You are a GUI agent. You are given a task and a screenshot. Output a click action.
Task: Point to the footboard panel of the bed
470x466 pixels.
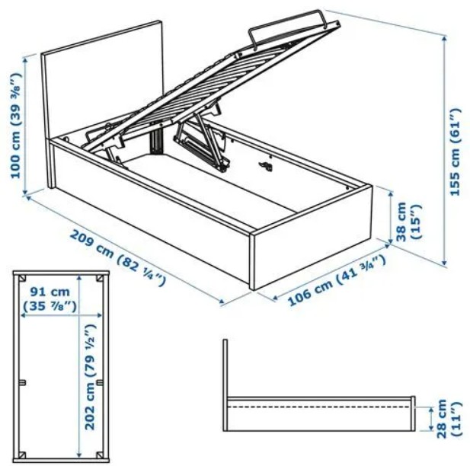[312, 238]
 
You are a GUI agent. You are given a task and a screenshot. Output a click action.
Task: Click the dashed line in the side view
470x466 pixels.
[318, 407]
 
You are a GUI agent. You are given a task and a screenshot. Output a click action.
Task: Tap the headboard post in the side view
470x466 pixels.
[225, 385]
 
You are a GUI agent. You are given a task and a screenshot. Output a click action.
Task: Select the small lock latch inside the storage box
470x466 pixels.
[266, 166]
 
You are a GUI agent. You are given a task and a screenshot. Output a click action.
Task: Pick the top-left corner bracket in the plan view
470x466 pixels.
[22, 278]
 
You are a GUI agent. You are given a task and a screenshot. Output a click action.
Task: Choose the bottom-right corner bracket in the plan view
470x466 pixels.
[100, 455]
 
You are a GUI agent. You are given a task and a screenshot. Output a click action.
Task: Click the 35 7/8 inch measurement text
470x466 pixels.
[50, 306]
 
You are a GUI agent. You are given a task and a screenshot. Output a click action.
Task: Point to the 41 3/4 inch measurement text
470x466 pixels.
[361, 268]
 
